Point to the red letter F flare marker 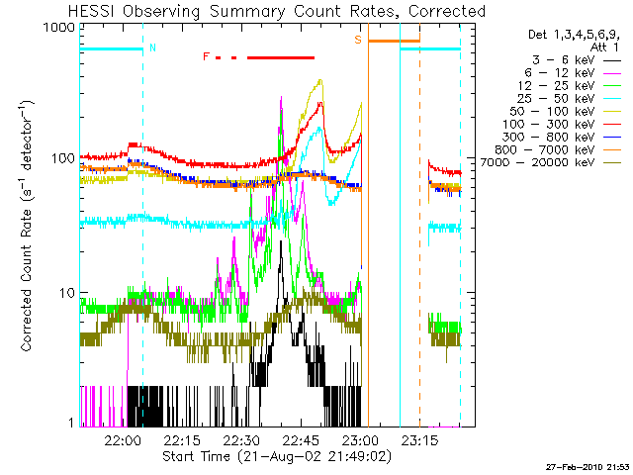[206, 56]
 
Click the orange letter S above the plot [358, 39]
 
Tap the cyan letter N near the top [151, 47]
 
